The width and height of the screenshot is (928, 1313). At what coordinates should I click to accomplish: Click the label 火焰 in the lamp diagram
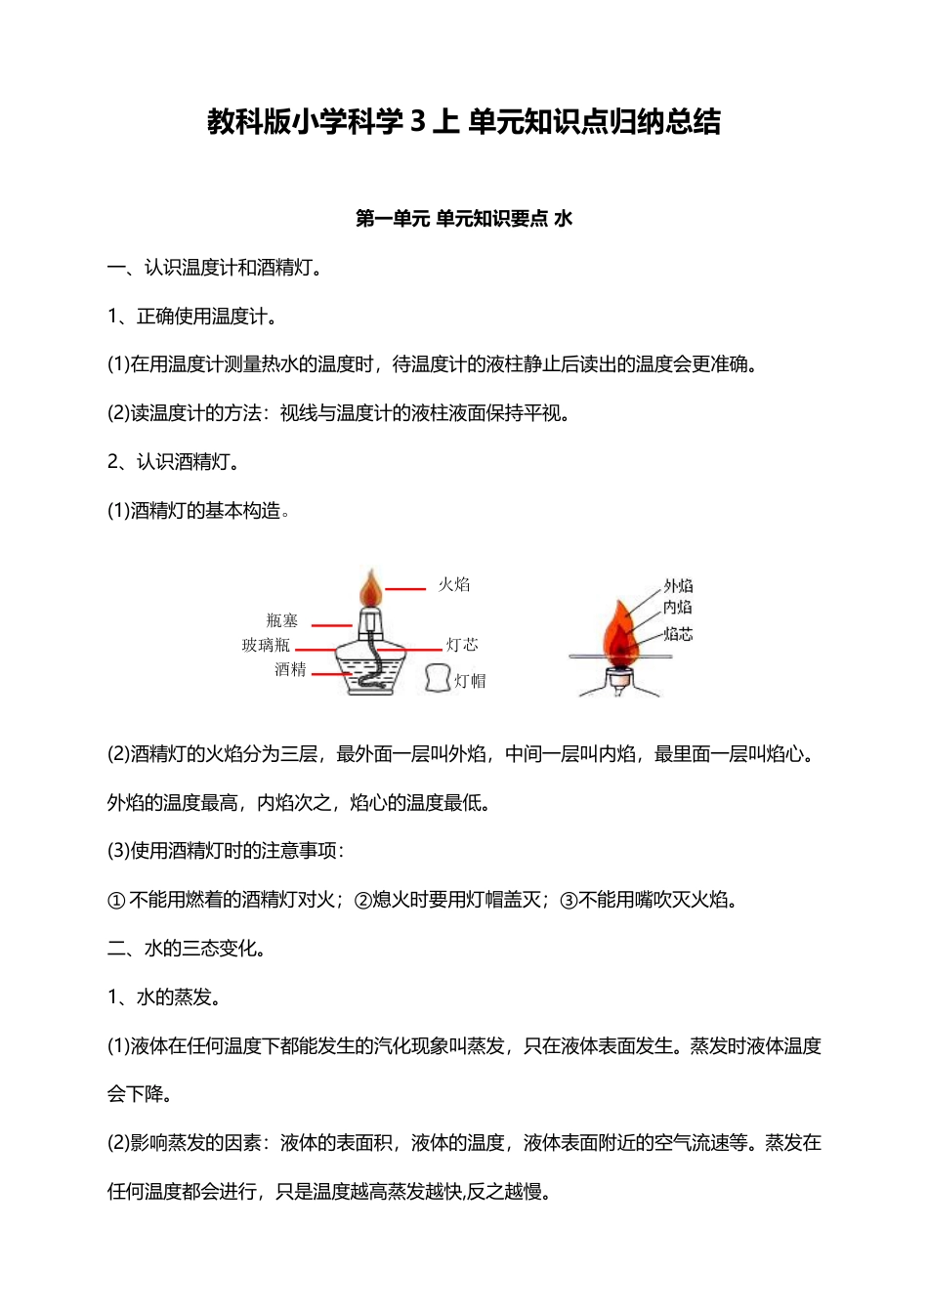[x=453, y=584]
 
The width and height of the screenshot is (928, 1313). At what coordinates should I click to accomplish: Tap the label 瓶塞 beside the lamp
[x=281, y=620]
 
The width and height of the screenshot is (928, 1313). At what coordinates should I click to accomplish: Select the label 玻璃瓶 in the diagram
[x=266, y=645]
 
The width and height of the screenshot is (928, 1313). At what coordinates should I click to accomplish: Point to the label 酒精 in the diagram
[x=290, y=669]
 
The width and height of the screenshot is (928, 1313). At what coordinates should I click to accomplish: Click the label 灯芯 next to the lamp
[x=462, y=645]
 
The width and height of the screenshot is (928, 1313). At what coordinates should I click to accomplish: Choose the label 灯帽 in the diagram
[x=470, y=681]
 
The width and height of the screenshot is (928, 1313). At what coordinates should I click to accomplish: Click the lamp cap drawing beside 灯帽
[x=438, y=678]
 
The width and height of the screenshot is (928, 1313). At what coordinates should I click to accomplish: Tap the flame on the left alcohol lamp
[x=370, y=589]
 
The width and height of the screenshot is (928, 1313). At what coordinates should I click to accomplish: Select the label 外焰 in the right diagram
[x=678, y=585]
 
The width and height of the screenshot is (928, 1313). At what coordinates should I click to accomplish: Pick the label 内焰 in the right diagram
[x=678, y=608]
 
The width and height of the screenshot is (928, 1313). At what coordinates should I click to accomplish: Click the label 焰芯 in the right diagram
[x=678, y=634]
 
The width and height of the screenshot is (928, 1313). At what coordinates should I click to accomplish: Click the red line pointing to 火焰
[x=405, y=589]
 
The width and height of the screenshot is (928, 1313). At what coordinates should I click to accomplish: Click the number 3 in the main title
[x=417, y=122]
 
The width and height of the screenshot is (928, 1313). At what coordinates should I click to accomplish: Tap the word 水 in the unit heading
[x=564, y=219]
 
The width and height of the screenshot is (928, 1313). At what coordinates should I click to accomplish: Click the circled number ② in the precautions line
[x=361, y=901]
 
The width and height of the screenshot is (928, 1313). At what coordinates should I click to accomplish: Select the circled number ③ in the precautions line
[x=569, y=901]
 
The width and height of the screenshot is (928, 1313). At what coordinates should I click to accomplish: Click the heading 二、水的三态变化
[x=187, y=949]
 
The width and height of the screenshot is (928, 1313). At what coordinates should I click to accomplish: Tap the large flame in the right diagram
[x=618, y=633]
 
